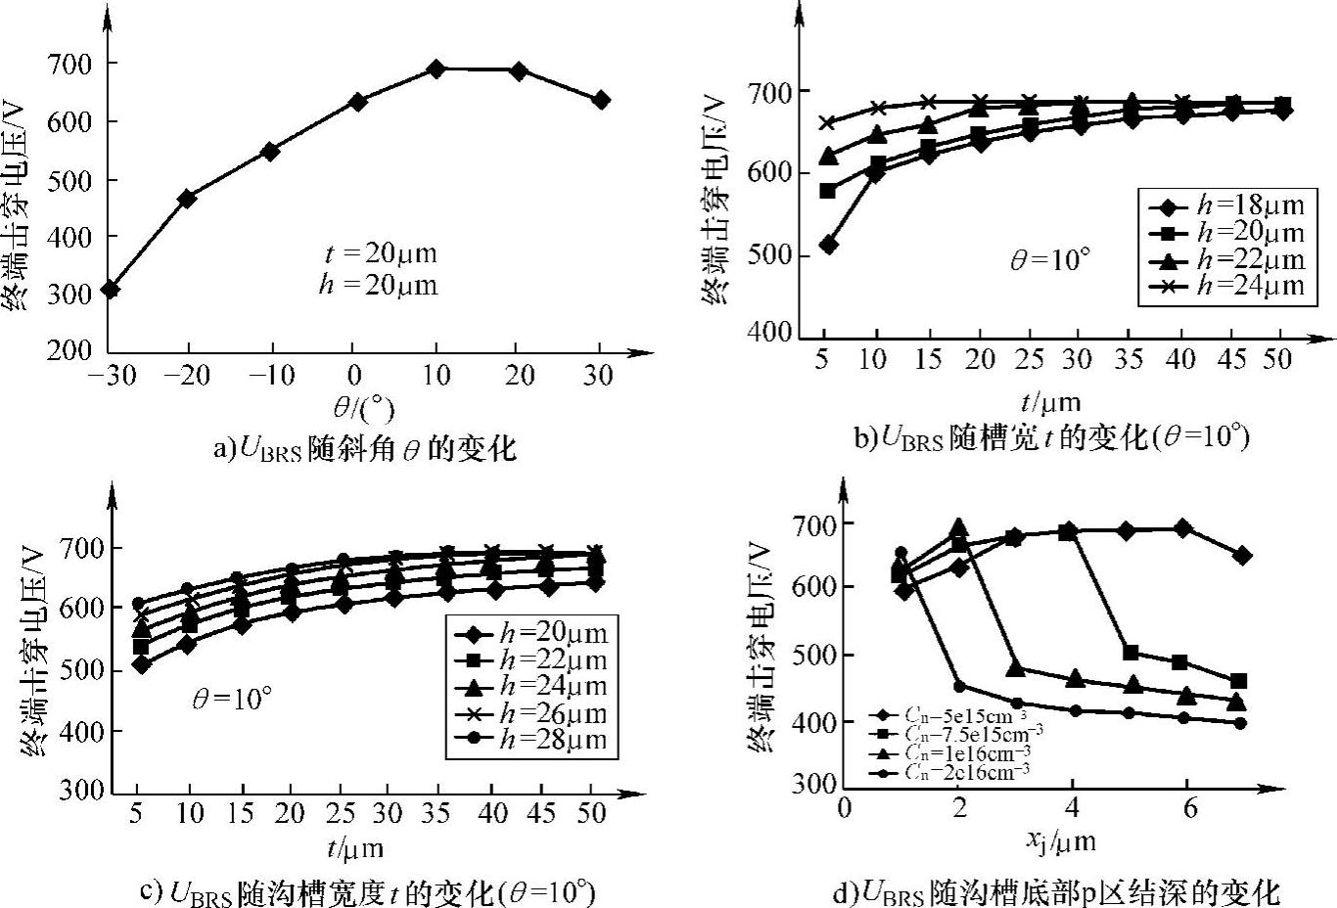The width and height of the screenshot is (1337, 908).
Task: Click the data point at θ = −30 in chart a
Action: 111,289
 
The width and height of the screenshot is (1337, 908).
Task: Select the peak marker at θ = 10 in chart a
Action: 437,68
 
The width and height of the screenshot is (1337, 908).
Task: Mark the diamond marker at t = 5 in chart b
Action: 827,245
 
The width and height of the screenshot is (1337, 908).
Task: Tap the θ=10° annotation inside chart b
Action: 1049,259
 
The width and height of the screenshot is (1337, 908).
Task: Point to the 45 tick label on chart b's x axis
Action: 1231,359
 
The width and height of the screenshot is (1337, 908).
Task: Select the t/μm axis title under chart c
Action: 354,847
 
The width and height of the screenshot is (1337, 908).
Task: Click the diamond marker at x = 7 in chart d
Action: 1242,556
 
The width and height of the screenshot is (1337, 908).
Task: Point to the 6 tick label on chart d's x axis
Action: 1188,809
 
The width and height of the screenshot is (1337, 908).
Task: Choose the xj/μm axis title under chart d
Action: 1061,841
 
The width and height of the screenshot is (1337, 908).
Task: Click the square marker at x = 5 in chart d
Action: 1130,653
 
